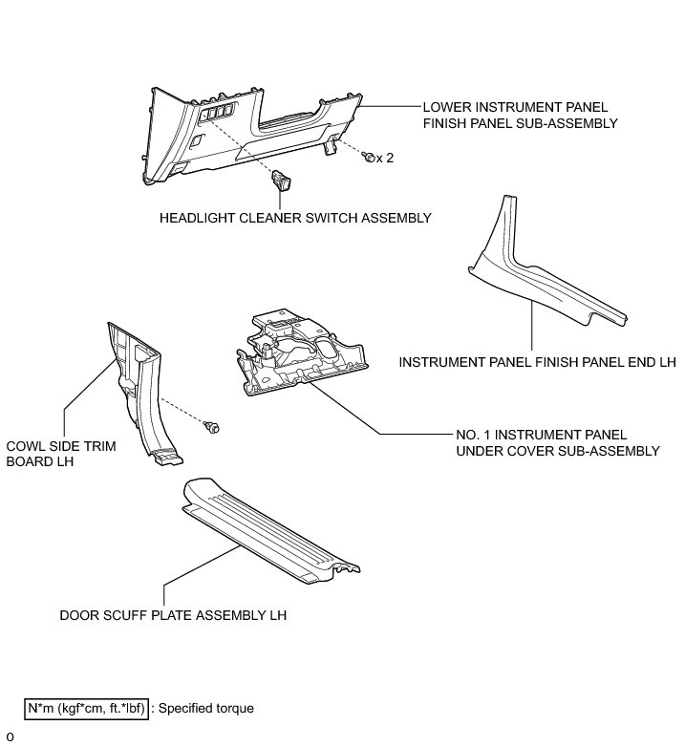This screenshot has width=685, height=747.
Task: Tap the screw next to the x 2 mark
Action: [x=368, y=156]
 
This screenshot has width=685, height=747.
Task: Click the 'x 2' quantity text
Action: [x=385, y=159]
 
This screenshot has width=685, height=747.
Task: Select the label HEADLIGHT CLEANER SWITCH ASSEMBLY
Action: [x=296, y=218]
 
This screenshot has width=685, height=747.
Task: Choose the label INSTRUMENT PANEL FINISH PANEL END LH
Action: [x=537, y=363]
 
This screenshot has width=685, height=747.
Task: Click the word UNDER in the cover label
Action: [x=475, y=451]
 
